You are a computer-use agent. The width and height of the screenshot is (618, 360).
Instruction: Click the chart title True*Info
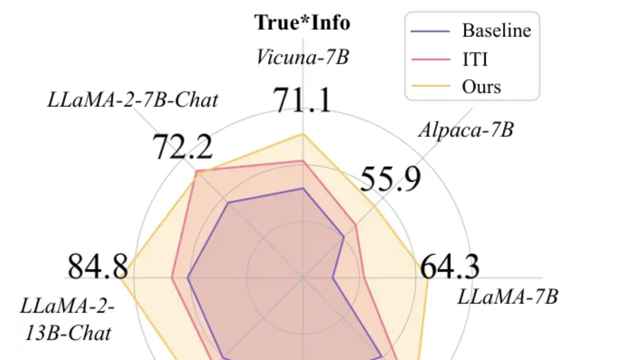pos(303,23)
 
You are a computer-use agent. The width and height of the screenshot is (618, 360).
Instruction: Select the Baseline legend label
pos(496,30)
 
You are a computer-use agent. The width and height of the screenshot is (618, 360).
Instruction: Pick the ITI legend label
pos(475,59)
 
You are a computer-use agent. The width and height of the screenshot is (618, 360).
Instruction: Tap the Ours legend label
pos(481,86)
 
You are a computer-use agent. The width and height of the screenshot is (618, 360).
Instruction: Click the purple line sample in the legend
pos(430,31)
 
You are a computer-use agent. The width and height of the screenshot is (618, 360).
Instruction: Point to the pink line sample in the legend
pos(430,59)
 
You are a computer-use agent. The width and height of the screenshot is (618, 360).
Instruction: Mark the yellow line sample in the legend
pos(430,86)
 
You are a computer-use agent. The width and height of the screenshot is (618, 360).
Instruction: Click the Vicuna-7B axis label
pos(303,57)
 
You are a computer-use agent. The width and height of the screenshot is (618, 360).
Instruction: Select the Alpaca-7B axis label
pos(466,130)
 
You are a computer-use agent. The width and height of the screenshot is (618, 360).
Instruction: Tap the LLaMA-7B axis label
pos(507,297)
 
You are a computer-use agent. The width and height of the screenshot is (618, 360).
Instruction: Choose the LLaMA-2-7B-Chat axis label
pos(132,100)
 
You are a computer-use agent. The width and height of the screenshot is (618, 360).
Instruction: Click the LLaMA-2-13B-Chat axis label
pos(67,320)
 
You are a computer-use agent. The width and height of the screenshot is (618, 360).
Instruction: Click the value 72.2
pos(182,147)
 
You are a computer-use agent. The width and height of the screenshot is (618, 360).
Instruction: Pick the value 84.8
pos(98,267)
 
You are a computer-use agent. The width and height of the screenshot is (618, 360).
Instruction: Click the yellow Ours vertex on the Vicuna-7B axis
pos(303,133)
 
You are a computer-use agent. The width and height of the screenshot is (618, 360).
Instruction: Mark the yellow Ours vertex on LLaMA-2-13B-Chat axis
pos(121,277)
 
